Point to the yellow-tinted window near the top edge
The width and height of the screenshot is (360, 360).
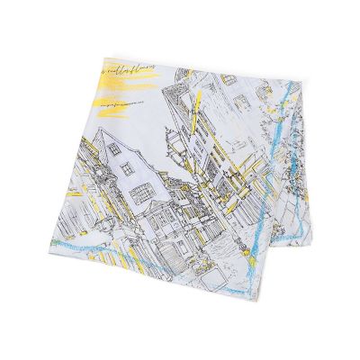[229, 79]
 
